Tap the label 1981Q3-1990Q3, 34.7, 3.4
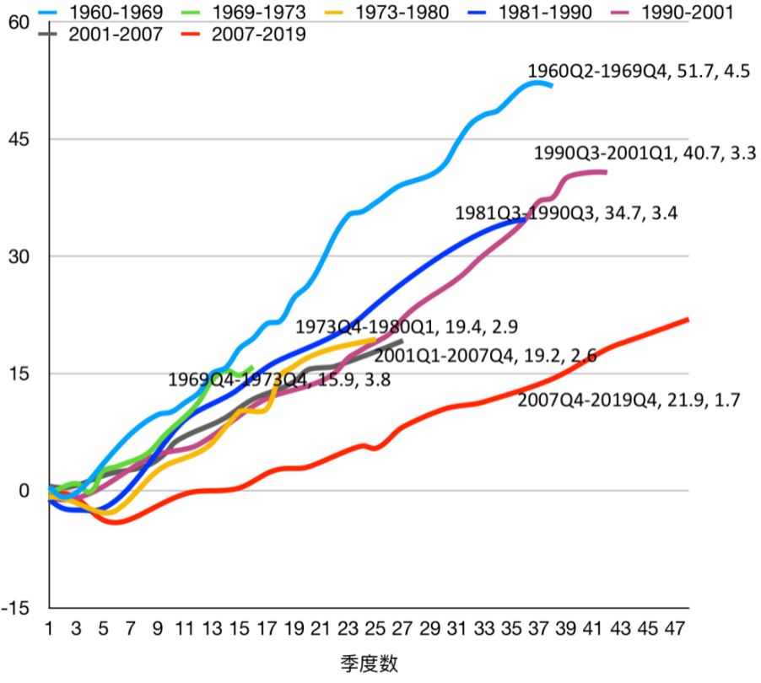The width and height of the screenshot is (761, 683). coord(566,212)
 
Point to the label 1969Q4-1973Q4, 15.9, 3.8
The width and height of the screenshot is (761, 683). coord(278,379)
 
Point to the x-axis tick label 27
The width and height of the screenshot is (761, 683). coord(402,628)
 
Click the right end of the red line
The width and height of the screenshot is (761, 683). coord(688,319)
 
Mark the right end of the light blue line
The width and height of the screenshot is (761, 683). coord(552,85)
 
